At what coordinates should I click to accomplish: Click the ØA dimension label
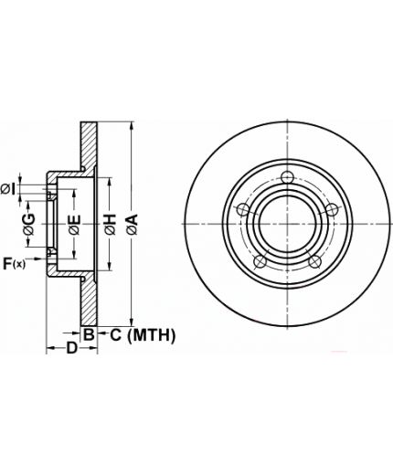(x=133, y=225)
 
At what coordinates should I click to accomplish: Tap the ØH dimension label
(x=111, y=225)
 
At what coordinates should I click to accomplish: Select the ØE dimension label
(x=75, y=225)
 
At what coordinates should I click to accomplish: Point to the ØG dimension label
(x=29, y=225)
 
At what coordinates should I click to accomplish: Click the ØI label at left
(x=8, y=189)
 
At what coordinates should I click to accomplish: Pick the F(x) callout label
(x=14, y=264)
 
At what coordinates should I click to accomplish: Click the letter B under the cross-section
(x=89, y=335)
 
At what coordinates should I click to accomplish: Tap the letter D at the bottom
(x=72, y=348)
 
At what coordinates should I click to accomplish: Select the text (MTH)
(x=151, y=335)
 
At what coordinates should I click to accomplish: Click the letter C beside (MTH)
(x=115, y=335)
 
